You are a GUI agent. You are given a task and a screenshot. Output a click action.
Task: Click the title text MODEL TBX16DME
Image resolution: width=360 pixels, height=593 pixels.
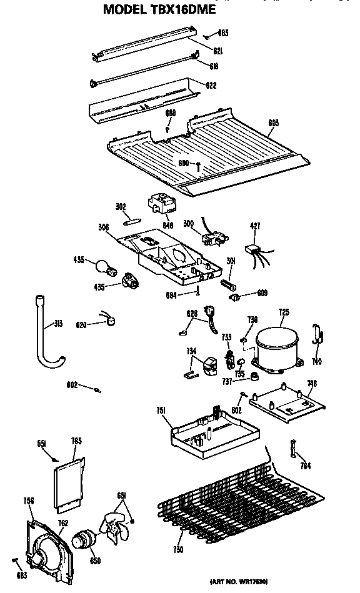pyautogui.click(x=159, y=9)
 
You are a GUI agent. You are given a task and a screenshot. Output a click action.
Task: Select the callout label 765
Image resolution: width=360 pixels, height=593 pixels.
pyautogui.click(x=77, y=441)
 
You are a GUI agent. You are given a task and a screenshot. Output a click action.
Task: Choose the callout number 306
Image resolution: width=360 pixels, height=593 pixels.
pyautogui.click(x=104, y=227)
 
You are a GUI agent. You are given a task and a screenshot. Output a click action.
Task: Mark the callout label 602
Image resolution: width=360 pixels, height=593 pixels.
pyautogui.click(x=73, y=385)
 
